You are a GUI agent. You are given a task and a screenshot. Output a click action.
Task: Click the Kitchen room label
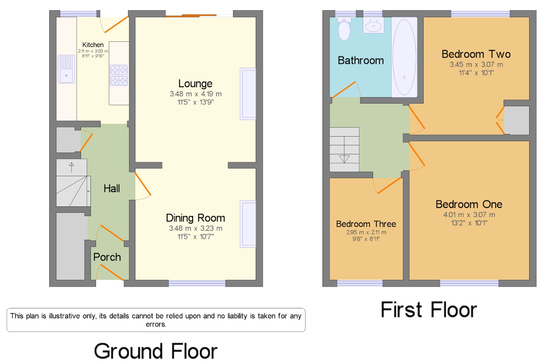[x=93, y=45]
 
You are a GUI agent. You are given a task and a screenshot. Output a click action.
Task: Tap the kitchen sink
[x=66, y=69]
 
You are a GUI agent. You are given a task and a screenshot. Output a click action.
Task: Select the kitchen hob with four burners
[x=119, y=75]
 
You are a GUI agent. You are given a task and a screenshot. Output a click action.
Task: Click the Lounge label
[x=195, y=84]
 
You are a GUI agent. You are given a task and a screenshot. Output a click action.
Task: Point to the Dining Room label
[x=195, y=218]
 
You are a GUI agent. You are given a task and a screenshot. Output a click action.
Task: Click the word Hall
[x=112, y=188]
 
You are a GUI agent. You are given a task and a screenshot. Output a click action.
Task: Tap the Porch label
[x=107, y=257]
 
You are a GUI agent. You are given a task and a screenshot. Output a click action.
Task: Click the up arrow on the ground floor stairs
[x=71, y=167]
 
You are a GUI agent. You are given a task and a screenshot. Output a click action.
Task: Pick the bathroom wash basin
[x=374, y=25]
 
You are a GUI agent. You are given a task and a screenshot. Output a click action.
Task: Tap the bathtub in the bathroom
[x=404, y=57]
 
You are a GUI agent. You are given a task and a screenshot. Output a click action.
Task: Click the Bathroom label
[x=361, y=60]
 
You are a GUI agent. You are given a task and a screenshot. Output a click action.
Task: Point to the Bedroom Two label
[x=476, y=54]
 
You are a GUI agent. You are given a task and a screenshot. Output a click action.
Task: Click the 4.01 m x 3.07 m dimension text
[x=469, y=215]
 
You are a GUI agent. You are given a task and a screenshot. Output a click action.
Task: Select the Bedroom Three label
[x=366, y=224]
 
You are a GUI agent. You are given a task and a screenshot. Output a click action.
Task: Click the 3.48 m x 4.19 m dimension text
[x=196, y=94]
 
